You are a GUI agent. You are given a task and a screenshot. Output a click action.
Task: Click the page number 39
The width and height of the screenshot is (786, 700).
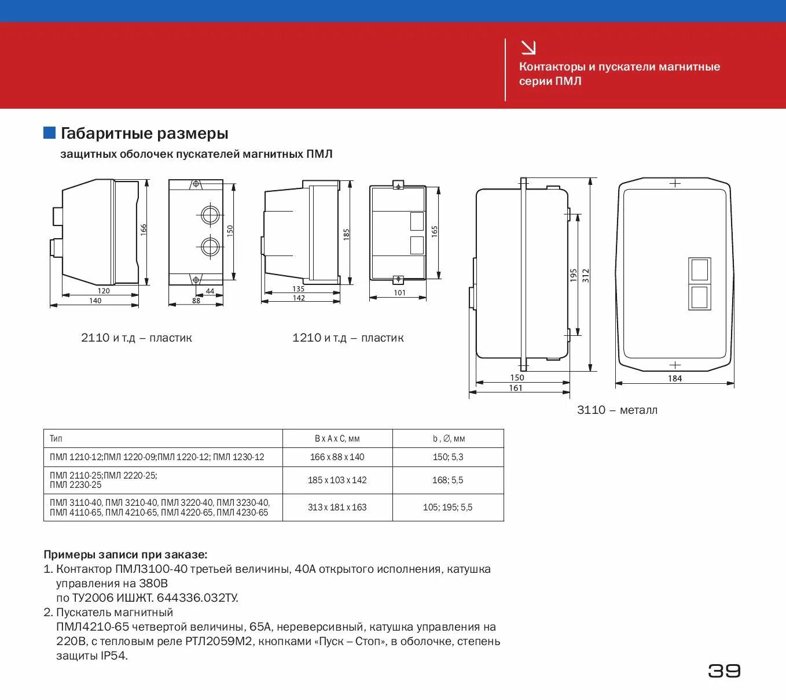tap(724, 671)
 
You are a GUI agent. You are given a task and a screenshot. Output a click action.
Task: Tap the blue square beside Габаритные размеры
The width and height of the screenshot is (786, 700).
tap(50, 133)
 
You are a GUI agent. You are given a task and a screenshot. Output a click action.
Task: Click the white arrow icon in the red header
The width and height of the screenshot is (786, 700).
tap(528, 48)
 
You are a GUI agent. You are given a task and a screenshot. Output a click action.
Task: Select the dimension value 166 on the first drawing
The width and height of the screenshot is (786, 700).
tap(144, 229)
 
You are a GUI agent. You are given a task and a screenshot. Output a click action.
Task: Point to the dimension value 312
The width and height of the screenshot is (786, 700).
tap(586, 275)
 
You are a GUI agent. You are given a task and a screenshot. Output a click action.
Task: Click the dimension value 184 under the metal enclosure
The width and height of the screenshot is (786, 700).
tap(675, 379)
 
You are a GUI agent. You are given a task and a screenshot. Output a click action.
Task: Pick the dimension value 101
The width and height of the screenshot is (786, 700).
tap(399, 292)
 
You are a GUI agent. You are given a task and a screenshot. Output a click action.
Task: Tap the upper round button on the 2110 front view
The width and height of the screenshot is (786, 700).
tap(210, 215)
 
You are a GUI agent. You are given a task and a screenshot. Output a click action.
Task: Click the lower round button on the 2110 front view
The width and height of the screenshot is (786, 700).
tap(210, 247)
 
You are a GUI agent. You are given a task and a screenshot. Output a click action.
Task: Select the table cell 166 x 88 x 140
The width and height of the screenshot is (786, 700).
tap(337, 457)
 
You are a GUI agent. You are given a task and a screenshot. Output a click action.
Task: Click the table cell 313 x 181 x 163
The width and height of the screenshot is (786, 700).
tap(337, 508)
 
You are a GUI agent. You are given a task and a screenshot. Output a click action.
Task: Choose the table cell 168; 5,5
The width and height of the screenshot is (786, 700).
tap(447, 480)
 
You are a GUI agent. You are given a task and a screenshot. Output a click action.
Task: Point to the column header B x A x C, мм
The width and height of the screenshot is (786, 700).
tap(337, 439)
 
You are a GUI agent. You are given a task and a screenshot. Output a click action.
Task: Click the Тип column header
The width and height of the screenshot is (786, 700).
tap(56, 439)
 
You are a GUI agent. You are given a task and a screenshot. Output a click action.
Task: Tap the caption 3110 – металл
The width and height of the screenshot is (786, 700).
tap(617, 410)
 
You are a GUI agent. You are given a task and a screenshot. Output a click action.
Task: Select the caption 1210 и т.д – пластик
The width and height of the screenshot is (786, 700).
tap(348, 338)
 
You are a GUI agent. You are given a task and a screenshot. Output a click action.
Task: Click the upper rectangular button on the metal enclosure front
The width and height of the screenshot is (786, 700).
tap(699, 270)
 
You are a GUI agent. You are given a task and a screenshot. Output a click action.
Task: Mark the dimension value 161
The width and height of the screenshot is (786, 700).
tap(516, 388)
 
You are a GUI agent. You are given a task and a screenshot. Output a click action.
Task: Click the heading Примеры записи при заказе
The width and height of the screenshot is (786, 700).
tap(125, 555)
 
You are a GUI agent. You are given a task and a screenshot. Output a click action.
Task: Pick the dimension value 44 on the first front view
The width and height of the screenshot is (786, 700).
tap(210, 291)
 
